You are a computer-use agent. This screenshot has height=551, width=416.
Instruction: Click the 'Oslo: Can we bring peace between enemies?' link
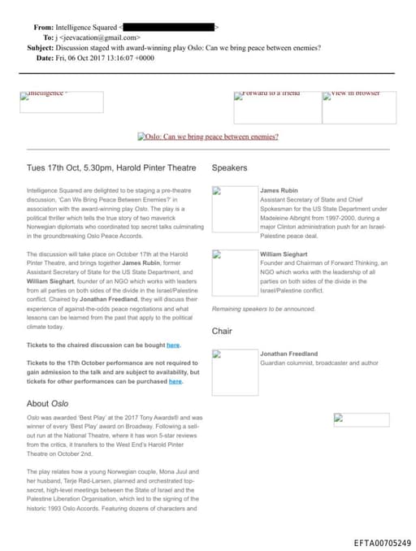pyautogui.click(x=208, y=137)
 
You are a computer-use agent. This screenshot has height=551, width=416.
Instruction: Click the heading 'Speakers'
pyautogui.click(x=229, y=168)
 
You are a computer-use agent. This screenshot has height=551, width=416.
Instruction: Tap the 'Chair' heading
pyautogui.click(x=222, y=331)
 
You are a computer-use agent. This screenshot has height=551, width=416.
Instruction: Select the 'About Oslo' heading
pyautogui.click(x=49, y=403)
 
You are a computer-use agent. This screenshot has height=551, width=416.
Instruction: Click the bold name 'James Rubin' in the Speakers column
pyautogui.click(x=279, y=190)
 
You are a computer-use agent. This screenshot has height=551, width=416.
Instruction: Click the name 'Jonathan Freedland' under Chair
pyautogui.click(x=288, y=354)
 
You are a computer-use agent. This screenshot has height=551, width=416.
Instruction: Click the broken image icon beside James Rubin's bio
pyautogui.click(x=217, y=192)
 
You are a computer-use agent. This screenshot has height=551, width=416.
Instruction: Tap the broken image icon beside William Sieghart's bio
pyautogui.click(x=217, y=255)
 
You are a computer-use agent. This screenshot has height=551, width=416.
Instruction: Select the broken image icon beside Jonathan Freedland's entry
pyautogui.click(x=217, y=355)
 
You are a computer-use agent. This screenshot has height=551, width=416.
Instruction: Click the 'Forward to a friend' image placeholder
pyautogui.click(x=276, y=107)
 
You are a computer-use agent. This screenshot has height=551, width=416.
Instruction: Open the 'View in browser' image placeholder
pyautogui.click(x=359, y=107)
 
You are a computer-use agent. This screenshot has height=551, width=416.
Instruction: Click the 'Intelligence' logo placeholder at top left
pyautogui.click(x=61, y=102)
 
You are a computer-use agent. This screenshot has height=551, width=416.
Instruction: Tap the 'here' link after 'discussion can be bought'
pyautogui.click(x=173, y=345)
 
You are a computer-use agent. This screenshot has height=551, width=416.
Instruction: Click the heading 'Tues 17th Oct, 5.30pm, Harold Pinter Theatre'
pyautogui.click(x=111, y=168)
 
